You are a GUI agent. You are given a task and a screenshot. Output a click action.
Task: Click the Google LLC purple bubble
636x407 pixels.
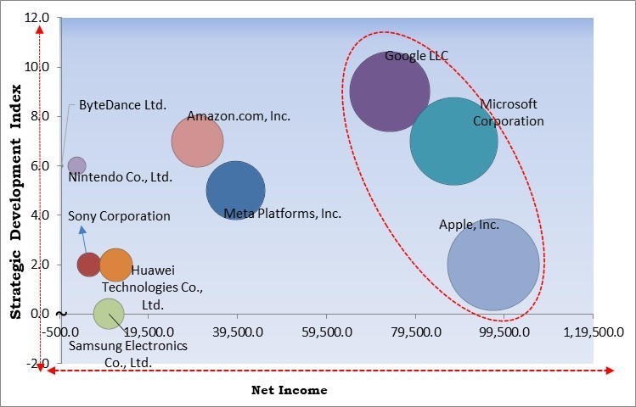(390, 92)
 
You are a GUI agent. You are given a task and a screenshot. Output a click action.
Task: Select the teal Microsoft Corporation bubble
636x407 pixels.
(453, 141)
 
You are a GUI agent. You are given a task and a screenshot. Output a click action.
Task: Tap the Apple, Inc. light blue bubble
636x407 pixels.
(493, 264)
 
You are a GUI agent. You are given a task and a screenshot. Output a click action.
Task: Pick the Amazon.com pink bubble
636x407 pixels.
(197, 142)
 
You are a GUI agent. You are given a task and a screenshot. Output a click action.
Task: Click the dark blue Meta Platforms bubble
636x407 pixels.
(235, 191)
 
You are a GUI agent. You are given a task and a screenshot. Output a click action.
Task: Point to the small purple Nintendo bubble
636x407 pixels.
(76, 165)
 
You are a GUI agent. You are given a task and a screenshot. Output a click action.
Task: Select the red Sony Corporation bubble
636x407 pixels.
(89, 265)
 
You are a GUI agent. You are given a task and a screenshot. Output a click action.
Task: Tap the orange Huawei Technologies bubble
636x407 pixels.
(116, 265)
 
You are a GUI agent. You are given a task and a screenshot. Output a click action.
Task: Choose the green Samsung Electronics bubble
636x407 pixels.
(108, 314)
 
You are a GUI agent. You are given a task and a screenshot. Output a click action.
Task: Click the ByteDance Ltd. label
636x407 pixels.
(122, 106)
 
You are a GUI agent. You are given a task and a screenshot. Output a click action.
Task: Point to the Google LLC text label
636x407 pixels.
(416, 57)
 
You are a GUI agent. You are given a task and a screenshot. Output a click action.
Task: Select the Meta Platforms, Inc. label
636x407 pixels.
(282, 214)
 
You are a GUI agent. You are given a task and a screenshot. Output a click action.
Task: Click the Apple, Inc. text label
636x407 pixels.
(469, 226)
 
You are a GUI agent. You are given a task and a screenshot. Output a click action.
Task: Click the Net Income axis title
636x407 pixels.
(289, 391)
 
